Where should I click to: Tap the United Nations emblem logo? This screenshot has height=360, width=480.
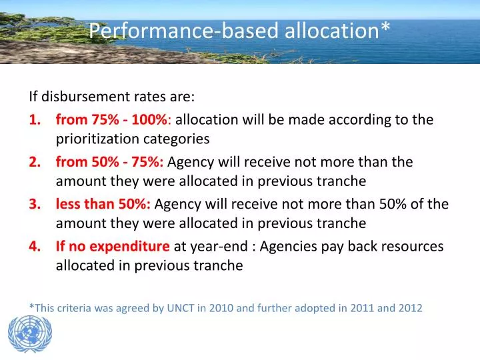[x=29, y=335]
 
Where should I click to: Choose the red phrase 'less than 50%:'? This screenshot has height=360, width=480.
[x=103, y=204]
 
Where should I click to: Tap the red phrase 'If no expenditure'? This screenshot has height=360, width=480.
[x=113, y=246]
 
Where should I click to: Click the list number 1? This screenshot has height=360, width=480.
[x=34, y=120]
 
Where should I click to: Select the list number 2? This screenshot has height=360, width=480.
[x=34, y=162]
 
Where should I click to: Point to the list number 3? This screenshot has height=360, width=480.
[x=34, y=204]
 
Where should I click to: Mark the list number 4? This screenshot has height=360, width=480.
[x=34, y=246]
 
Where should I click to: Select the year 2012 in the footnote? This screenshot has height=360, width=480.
[x=409, y=307]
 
